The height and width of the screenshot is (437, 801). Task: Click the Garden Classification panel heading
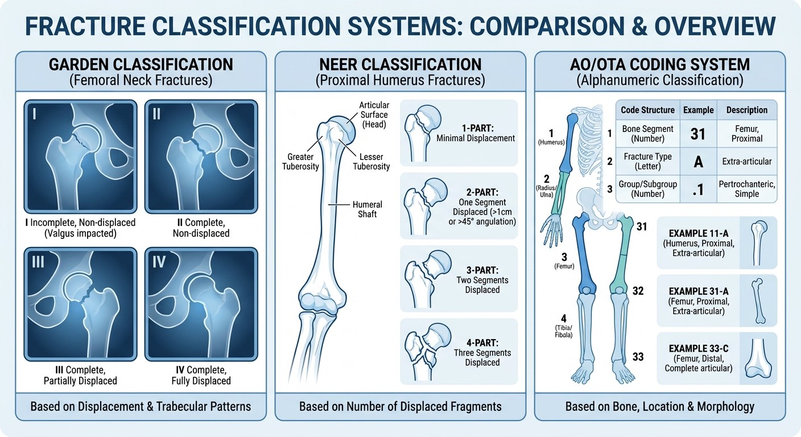point(140,64)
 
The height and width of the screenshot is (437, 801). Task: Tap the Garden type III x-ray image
point(80,304)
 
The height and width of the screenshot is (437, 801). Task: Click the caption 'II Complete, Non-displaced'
point(201,228)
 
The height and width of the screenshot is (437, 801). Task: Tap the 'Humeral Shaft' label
point(367,209)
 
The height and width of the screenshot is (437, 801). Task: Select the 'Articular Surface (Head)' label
point(374,114)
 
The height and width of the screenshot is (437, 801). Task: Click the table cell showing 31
point(697,134)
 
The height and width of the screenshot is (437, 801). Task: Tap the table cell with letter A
point(698,162)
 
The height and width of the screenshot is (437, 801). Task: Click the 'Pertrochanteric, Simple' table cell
point(746,189)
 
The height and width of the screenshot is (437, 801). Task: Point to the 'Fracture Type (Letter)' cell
point(647,162)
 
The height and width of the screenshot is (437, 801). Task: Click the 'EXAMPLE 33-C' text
point(698,348)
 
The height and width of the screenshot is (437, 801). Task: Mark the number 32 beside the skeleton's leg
point(638,291)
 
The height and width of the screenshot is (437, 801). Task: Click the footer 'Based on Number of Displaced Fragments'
point(400,406)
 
